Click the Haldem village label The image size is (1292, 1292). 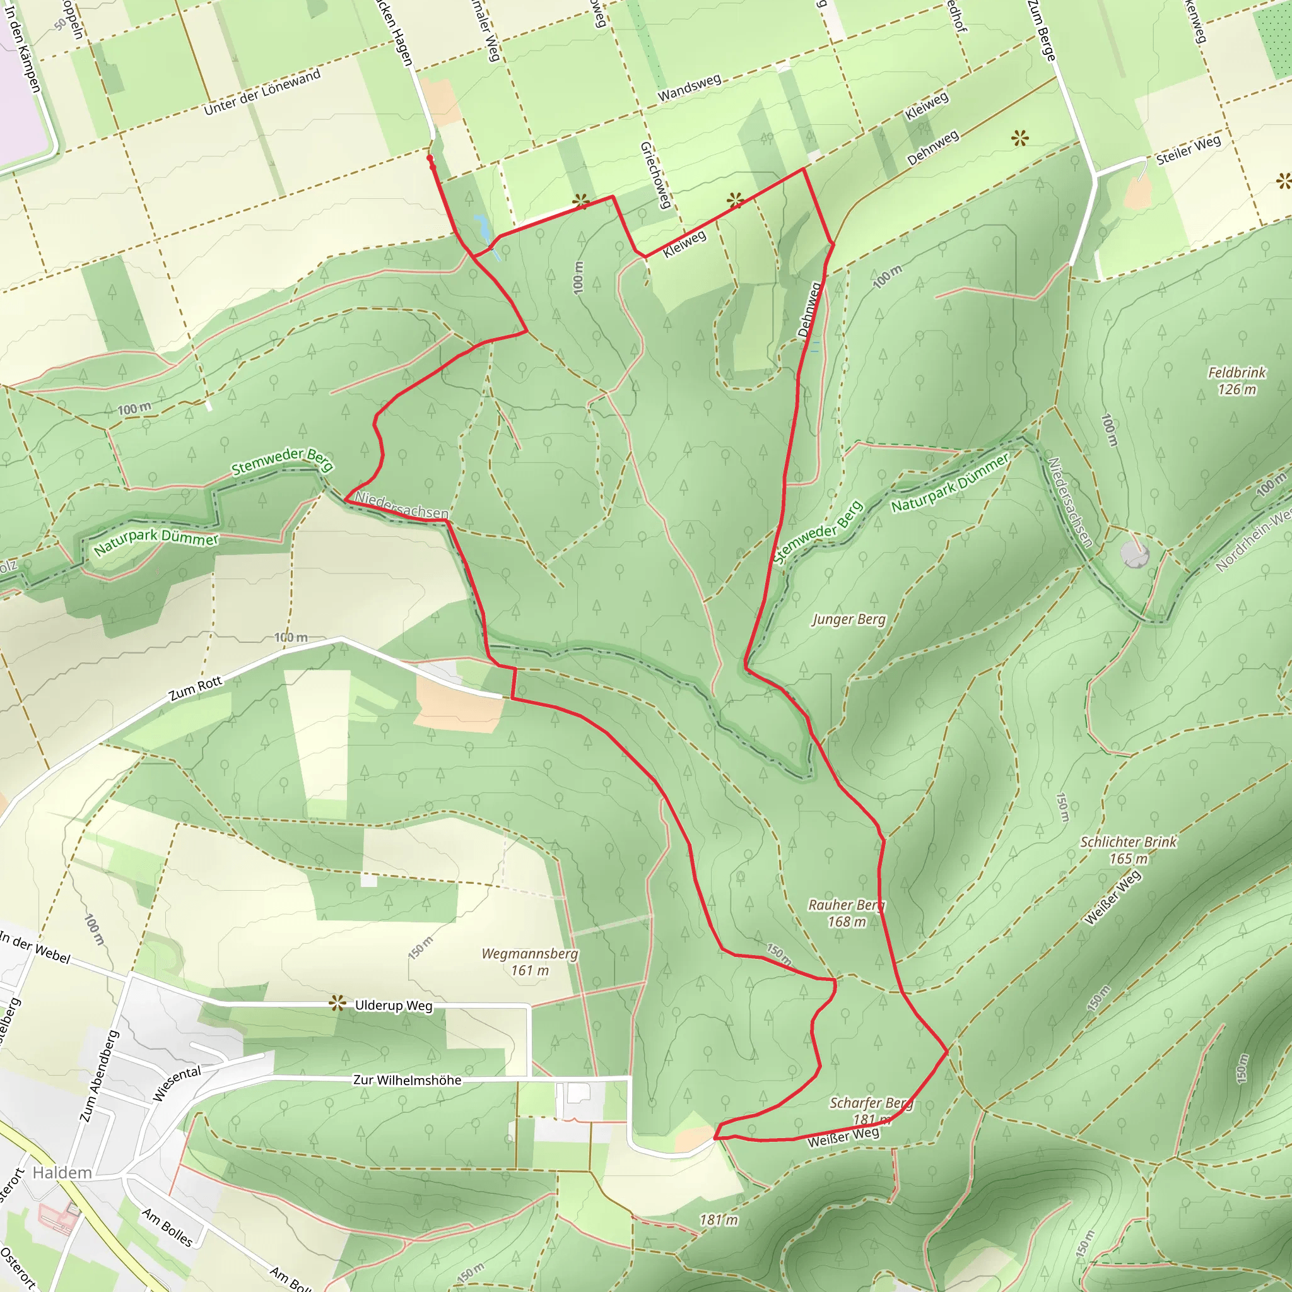tap(62, 1173)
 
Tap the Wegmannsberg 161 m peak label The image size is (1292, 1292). tap(530, 961)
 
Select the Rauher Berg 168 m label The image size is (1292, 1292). tap(846, 913)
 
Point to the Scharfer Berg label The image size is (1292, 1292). tap(871, 1103)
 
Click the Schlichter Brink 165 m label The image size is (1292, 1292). tap(1128, 850)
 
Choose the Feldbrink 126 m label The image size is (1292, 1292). tap(1236, 380)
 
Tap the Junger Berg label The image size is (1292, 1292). tap(849, 620)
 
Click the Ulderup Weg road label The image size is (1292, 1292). tap(393, 1006)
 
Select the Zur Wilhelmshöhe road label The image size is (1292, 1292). tap(407, 1080)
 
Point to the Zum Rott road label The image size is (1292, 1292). tap(196, 689)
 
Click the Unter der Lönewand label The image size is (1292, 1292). tap(262, 91)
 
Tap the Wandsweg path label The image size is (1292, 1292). tap(690, 88)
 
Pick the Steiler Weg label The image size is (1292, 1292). tap(1189, 150)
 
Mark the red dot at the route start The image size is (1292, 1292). tap(430, 158)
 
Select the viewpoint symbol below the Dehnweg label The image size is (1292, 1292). tap(1019, 139)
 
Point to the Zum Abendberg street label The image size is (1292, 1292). tap(98, 1077)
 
